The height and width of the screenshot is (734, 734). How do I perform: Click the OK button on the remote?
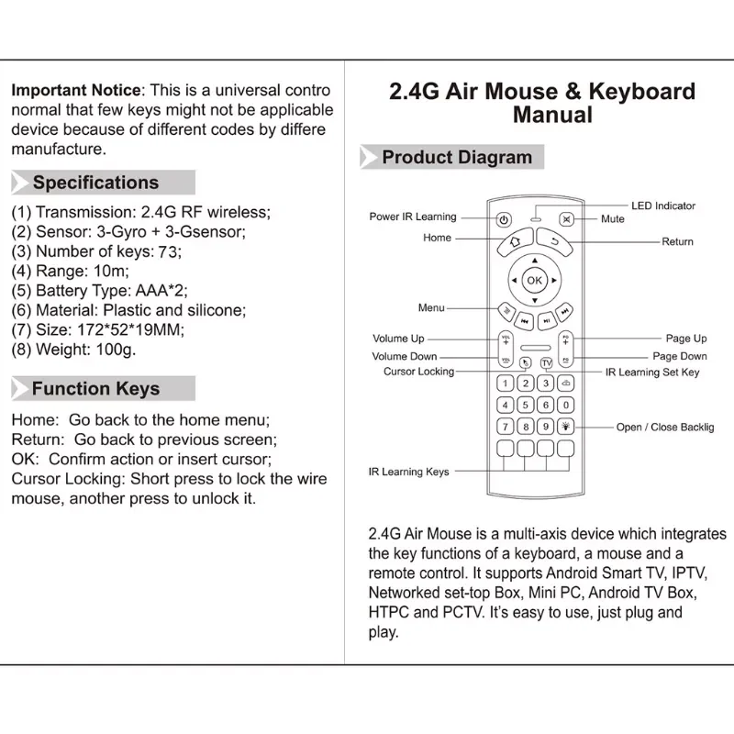point(535,280)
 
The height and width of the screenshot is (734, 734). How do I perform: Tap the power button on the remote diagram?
point(504,220)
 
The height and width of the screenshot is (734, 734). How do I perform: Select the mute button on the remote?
point(566,220)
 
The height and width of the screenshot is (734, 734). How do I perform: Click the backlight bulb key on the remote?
point(565,427)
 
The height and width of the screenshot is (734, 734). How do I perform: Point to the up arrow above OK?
point(535,261)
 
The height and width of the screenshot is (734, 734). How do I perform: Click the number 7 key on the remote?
point(505,427)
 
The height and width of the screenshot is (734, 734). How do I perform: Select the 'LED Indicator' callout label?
point(662,206)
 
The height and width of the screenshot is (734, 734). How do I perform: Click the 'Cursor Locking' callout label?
point(418,372)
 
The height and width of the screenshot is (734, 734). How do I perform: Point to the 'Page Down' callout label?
point(680,356)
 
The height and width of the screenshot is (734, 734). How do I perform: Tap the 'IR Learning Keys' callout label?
point(408,472)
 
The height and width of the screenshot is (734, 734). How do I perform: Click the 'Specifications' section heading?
point(95,183)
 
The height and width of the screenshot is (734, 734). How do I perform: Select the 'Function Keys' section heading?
point(95,389)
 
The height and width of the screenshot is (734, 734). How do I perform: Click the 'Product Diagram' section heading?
point(457,157)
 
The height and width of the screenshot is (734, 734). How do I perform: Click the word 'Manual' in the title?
point(552,115)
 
